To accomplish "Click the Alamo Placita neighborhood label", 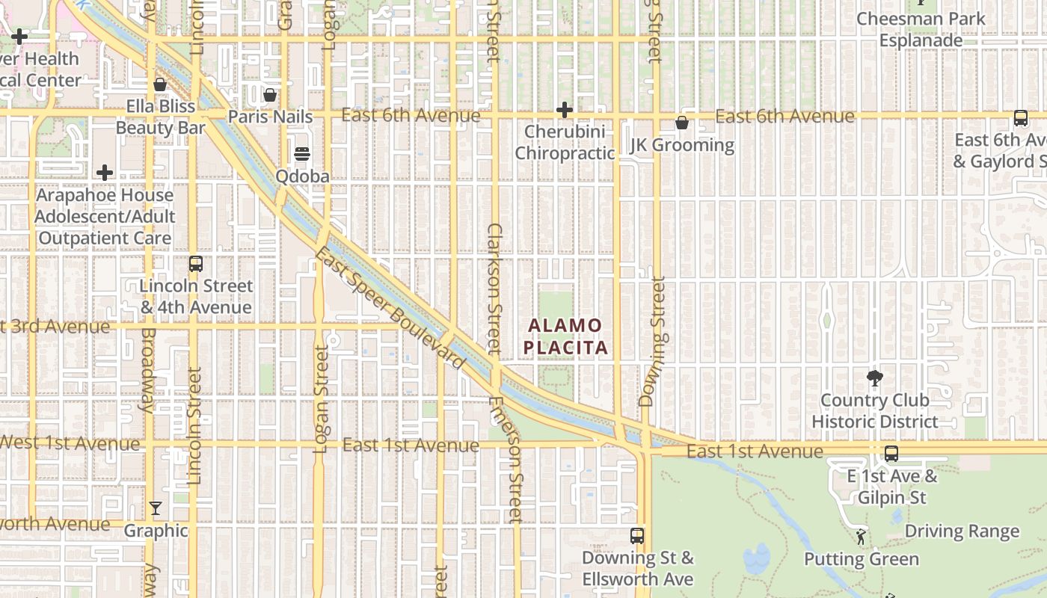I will click(565, 336).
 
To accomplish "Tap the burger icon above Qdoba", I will click(302, 155).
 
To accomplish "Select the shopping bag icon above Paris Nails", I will click(270, 95).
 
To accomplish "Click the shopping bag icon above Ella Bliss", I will click(159, 84).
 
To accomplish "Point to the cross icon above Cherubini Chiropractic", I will click(565, 111).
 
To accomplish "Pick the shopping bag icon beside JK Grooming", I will click(682, 123).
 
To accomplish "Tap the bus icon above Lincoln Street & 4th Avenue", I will click(196, 264).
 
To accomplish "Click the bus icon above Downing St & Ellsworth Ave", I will click(637, 536).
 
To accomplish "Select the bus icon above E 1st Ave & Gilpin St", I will click(891, 454).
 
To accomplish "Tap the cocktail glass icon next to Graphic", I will click(156, 509).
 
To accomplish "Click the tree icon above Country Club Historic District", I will click(874, 377).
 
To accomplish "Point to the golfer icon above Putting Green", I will click(861, 537).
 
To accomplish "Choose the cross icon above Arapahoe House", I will click(105, 173).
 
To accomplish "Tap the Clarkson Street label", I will click(494, 288).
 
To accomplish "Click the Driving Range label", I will click(962, 531).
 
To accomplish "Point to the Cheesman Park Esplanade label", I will click(921, 29).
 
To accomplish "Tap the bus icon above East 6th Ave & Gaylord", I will click(1021, 118).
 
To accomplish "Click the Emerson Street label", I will click(506, 459).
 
